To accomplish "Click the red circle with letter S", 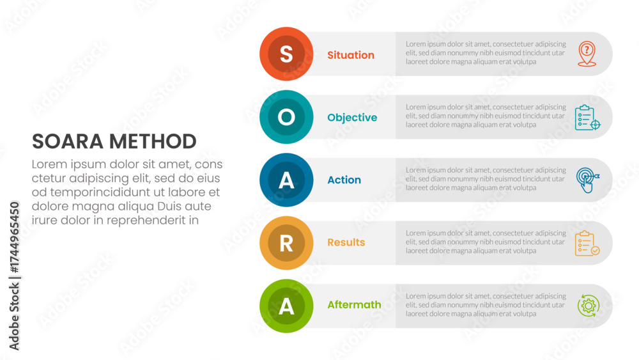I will point(286,54).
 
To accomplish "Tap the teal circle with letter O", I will point(286,117).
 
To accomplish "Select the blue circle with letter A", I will point(286,180).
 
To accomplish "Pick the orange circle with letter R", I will point(286,243).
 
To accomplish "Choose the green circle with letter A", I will point(286,306).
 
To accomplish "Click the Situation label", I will point(351,55).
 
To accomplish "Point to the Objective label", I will point(352,118).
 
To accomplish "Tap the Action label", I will point(344,180).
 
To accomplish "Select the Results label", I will point(346,242).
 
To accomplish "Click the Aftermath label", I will point(354,305).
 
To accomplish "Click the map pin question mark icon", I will point(587,54).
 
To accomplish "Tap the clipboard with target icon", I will point(587,118).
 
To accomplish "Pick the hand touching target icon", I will point(587,180).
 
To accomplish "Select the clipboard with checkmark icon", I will point(587,243).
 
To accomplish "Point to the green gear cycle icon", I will point(588,306).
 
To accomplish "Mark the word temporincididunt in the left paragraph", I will point(103,192).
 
